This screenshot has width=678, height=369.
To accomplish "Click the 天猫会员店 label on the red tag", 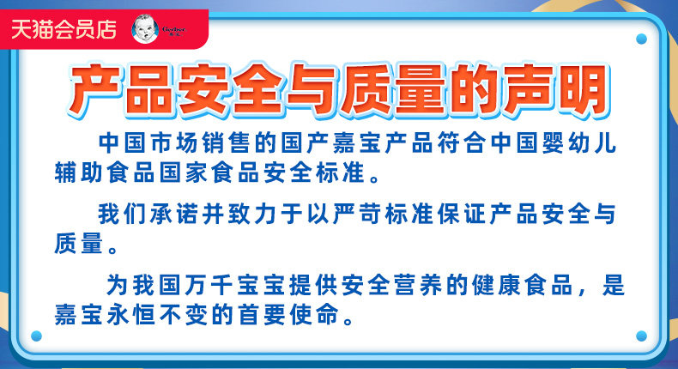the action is [64, 29].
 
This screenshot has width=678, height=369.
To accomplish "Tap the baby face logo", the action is [145, 29].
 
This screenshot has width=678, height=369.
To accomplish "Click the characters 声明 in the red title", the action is [555, 90].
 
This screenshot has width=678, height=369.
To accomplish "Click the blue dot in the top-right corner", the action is [641, 39].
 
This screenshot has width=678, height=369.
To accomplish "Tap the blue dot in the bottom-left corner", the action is [36, 336].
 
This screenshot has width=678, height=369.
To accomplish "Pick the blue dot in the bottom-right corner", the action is [641, 336].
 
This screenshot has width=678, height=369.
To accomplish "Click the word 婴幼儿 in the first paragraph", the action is [580, 143].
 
